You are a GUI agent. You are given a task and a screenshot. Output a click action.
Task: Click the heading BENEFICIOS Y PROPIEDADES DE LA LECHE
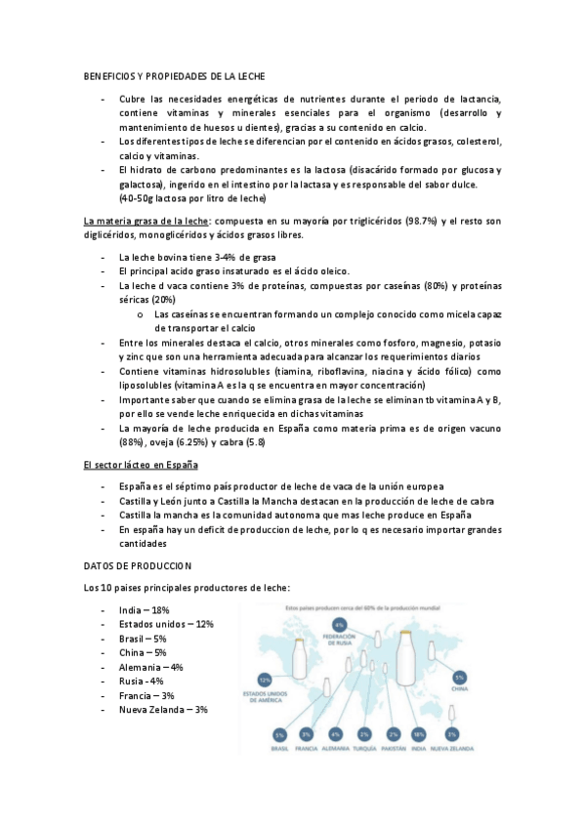pos(175,75)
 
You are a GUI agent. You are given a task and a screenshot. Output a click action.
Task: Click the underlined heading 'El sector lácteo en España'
pos(141,465)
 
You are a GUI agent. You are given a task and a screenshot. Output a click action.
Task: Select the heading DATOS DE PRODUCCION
pos(138,565)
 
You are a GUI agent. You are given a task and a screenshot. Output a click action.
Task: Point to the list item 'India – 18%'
pos(144,610)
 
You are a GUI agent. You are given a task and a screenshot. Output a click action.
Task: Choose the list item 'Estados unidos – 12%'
pos(165,624)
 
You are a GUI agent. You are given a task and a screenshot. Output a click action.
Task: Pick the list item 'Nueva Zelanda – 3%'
pos(163,710)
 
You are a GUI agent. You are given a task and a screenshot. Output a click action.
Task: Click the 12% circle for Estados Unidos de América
pos(264,678)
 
